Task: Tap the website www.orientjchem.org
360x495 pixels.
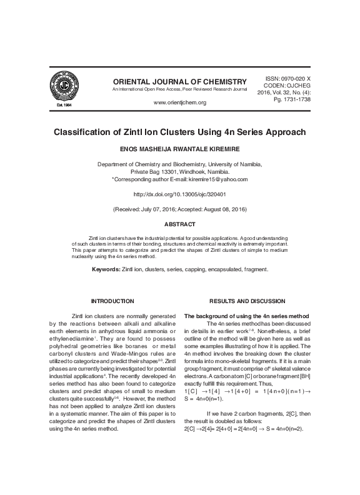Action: tap(179, 102)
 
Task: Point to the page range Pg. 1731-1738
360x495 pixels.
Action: tap(293, 99)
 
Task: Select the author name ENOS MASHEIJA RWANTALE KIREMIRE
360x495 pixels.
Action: tap(179, 150)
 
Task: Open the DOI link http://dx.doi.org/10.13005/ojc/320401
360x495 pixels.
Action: tap(179, 194)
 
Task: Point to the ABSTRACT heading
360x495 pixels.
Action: tap(179, 224)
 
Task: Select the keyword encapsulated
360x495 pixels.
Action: tap(227, 269)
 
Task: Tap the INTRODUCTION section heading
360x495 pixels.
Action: tap(112, 301)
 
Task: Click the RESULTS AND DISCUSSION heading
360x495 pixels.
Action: tap(247, 301)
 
